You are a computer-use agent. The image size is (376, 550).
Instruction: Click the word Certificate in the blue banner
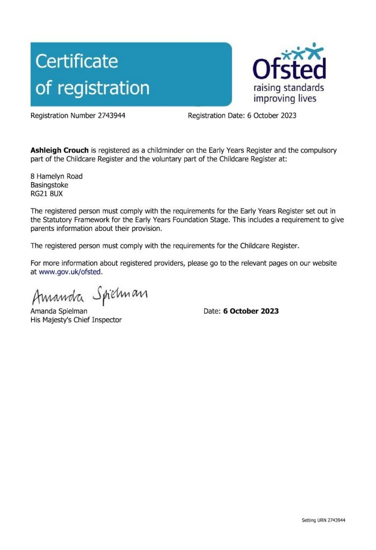pyautogui.click(x=76, y=62)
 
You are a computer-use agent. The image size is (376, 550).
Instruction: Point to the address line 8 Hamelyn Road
pyautogui.click(x=56, y=176)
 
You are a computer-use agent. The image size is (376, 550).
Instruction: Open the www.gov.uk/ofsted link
pyautogui.click(x=70, y=272)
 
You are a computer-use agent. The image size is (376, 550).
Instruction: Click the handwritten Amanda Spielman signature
pyautogui.click(x=88, y=295)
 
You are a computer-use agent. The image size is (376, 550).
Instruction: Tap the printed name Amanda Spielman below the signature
pyautogui.click(x=59, y=311)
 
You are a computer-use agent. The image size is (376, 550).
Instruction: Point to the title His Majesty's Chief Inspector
pyautogui.click(x=76, y=320)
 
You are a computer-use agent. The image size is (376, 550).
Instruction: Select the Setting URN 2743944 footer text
pyautogui.click(x=323, y=520)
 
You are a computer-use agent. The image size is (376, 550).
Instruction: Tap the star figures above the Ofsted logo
pyautogui.click(x=304, y=52)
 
